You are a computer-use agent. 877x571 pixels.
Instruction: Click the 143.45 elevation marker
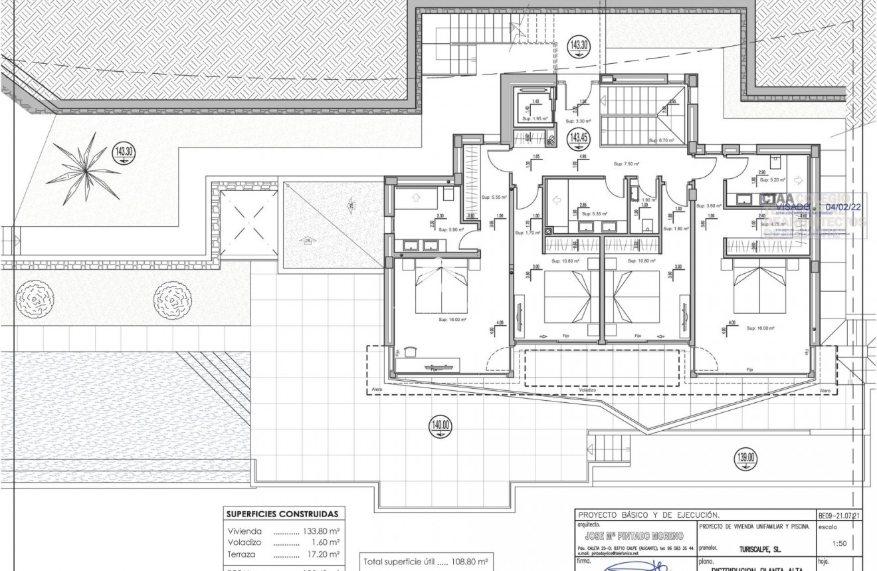click(577, 138)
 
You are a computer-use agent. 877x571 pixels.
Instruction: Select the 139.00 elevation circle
click(745, 457)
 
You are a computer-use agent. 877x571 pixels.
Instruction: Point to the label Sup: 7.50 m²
click(626, 164)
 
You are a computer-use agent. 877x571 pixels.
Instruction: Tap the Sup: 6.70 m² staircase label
click(662, 140)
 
